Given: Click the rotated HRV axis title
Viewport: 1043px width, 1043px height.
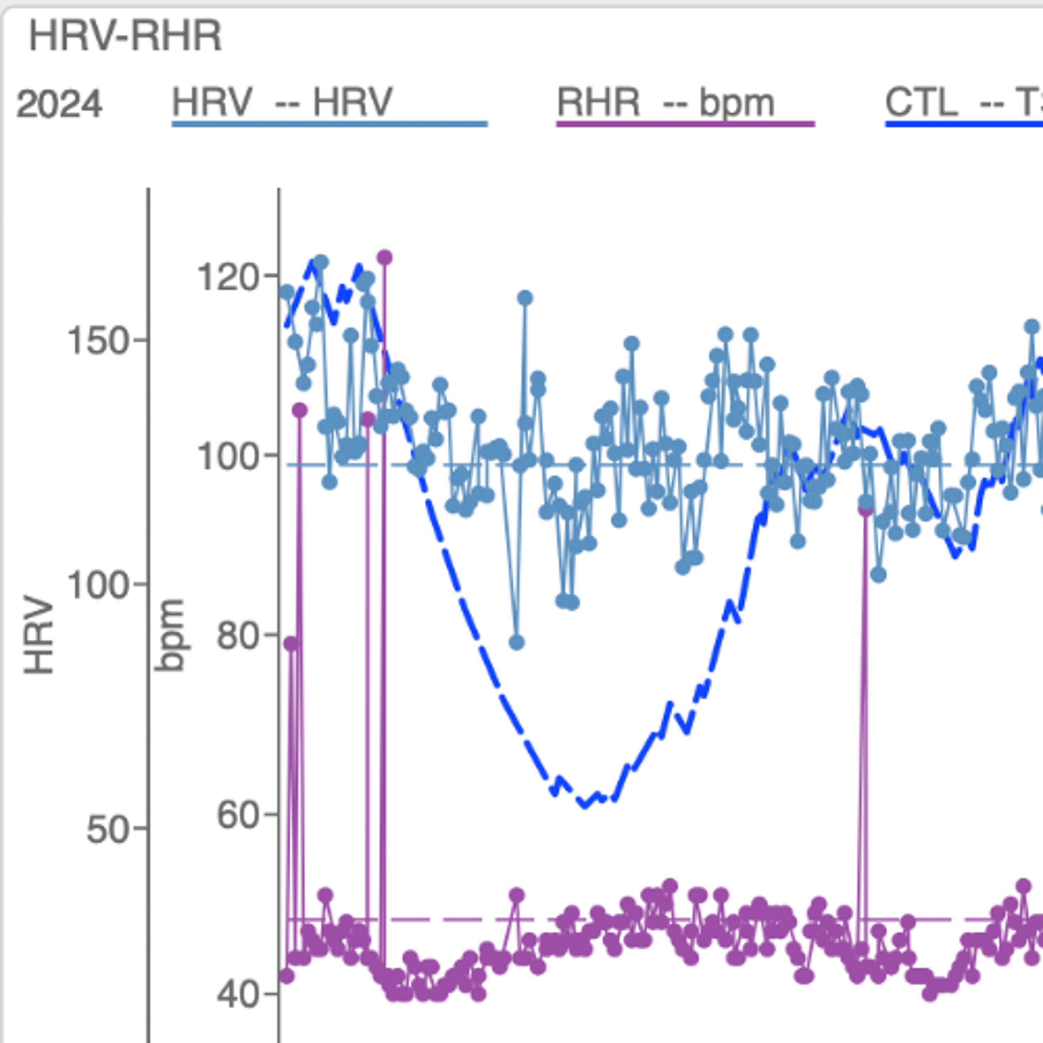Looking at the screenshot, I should tap(39, 635).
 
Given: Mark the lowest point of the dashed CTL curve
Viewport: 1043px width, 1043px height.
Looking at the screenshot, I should tap(584, 805).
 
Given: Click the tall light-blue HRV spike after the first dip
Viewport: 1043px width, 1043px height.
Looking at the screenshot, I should tap(525, 298).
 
